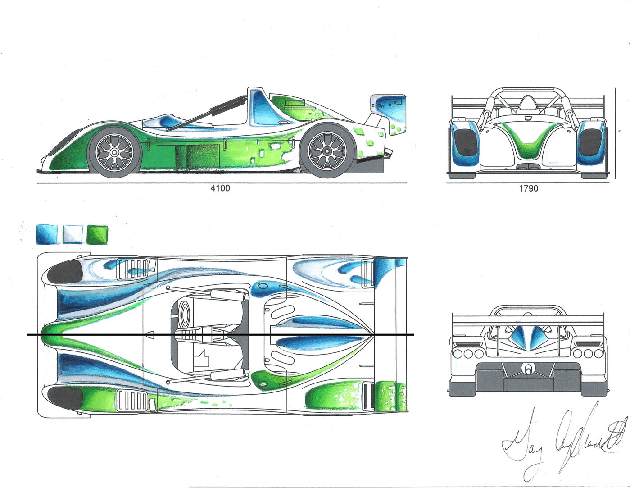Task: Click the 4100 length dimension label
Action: coord(220,188)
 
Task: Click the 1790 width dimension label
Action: coord(529,188)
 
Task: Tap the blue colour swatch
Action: coord(47,234)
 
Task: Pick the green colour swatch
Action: coord(98,234)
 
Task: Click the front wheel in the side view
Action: coord(115,152)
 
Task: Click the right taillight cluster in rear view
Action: coord(586,352)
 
